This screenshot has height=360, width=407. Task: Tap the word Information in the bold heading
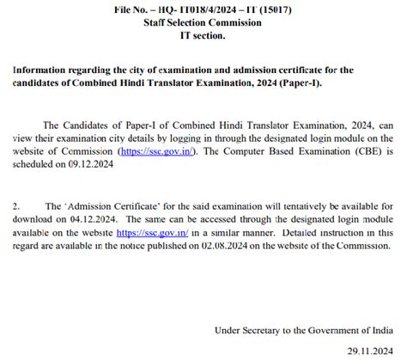[45, 70]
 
